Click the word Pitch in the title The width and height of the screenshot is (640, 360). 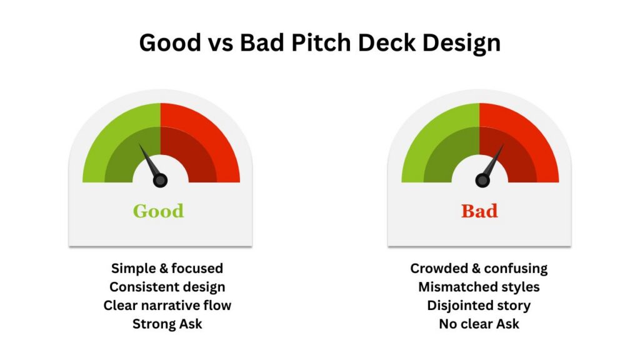click(321, 42)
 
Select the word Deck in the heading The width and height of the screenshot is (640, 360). click(386, 42)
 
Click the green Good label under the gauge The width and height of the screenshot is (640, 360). click(158, 211)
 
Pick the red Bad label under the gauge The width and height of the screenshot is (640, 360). click(479, 211)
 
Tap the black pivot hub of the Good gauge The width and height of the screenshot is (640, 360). click(160, 180)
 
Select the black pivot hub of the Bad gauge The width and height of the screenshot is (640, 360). click(482, 180)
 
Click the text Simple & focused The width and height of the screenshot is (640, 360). click(167, 268)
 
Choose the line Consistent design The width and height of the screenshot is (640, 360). click(167, 287)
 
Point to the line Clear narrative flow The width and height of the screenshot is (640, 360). click(167, 305)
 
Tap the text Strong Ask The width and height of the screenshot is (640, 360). click(167, 324)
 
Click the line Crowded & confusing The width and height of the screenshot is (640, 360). click(479, 269)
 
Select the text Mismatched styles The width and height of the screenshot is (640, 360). click(479, 287)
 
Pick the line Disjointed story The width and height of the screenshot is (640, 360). click(479, 305)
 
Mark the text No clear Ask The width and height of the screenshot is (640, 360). click(479, 324)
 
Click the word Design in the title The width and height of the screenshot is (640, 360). click(461, 43)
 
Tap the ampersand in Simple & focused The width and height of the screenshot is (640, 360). click(164, 268)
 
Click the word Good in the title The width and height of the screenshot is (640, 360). click(170, 42)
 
